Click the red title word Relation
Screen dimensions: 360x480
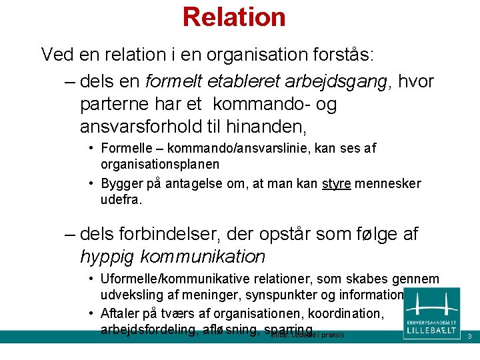[x=234, y=17]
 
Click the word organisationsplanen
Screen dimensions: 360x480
[x=160, y=164]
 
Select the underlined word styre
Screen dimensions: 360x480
[x=336, y=184]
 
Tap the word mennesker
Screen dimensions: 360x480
[x=388, y=184]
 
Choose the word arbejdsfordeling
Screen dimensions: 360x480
[x=147, y=329]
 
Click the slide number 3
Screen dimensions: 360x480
[x=469, y=336]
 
